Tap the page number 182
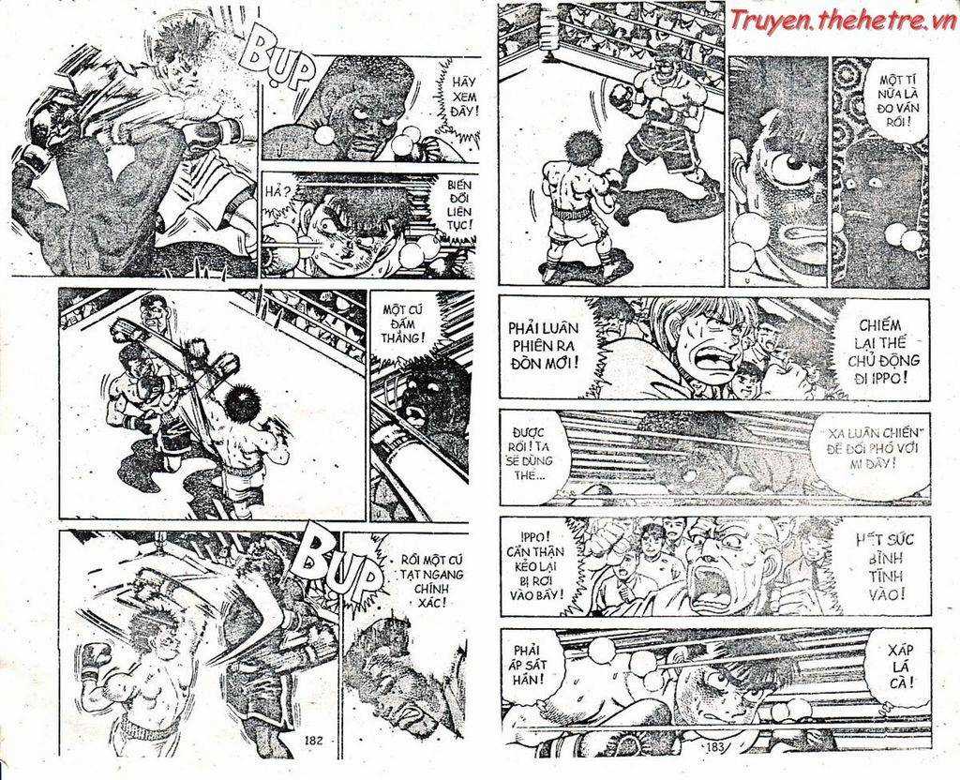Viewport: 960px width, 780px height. pyautogui.click(x=313, y=741)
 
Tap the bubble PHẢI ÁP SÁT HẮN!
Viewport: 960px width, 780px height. pyautogui.click(x=532, y=667)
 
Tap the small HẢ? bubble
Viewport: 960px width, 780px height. pyautogui.click(x=280, y=193)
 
